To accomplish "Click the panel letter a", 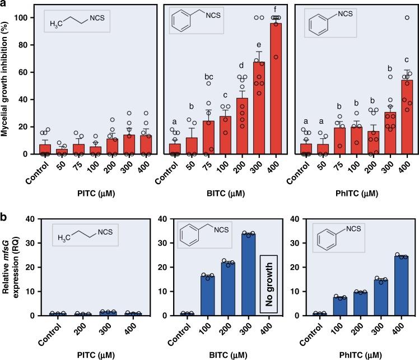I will (4, 5).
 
